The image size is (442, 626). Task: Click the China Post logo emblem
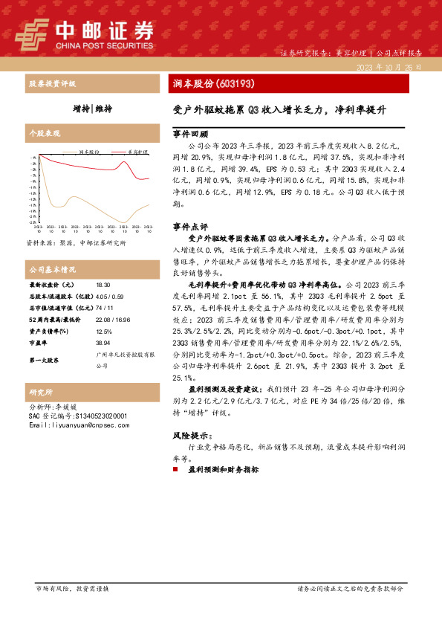click(x=33, y=33)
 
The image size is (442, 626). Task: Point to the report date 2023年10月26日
click(x=389, y=67)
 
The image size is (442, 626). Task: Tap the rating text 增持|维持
click(x=93, y=109)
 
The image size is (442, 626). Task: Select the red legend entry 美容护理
click(x=136, y=150)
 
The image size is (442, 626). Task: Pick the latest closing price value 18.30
click(x=103, y=285)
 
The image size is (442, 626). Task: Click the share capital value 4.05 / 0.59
click(x=110, y=296)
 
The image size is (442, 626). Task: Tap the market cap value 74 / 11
click(x=104, y=307)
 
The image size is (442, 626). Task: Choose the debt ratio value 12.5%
click(x=104, y=332)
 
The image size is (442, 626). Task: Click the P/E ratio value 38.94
click(x=103, y=343)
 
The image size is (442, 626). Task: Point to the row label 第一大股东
click(x=45, y=359)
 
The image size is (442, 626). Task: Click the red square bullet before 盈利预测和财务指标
click(x=176, y=470)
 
